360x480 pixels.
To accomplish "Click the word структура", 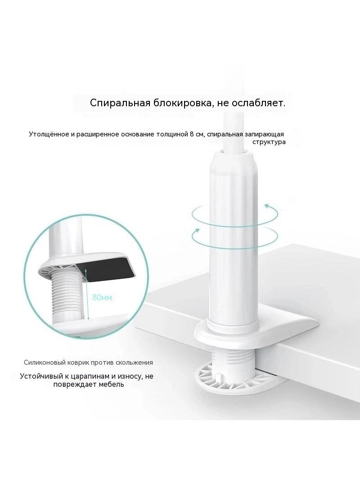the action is click(x=269, y=142).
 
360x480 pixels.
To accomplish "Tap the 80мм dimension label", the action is click(x=102, y=297).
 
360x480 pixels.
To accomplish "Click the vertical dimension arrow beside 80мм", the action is click(x=87, y=294).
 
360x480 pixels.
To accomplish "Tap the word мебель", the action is click(x=112, y=384).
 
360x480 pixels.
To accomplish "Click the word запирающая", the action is click(x=264, y=134).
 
